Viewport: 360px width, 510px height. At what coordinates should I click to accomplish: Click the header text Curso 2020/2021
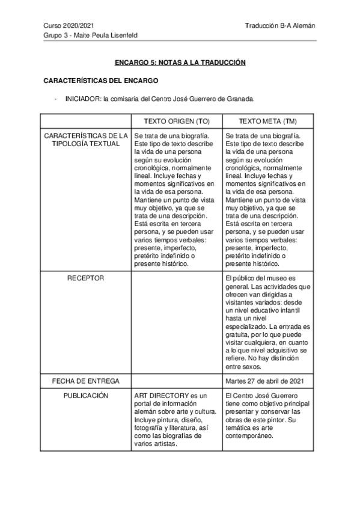69,26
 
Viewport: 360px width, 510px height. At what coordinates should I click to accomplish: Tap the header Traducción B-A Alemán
280,26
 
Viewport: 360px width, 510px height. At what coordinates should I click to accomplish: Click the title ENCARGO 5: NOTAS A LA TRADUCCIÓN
180,62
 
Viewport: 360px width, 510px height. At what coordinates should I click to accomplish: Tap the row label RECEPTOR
86,278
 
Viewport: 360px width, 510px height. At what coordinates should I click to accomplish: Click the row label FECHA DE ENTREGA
86,381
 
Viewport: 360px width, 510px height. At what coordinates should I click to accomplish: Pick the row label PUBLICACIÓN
86,396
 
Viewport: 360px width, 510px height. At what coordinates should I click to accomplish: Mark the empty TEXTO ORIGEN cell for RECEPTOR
176,322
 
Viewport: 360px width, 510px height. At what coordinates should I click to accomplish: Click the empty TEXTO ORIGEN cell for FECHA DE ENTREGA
176,381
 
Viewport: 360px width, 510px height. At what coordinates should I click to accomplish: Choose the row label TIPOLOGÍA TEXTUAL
86,144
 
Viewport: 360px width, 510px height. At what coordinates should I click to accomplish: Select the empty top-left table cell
86,121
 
